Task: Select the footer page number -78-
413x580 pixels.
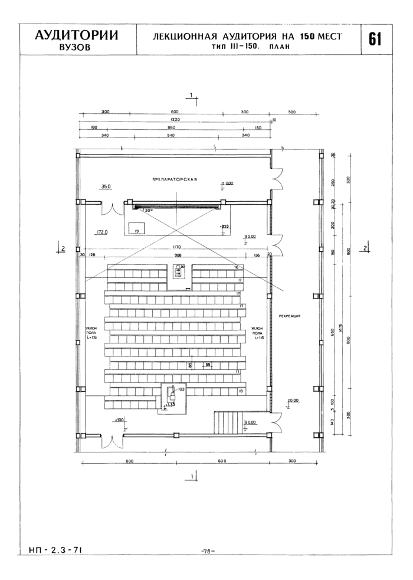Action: (x=208, y=551)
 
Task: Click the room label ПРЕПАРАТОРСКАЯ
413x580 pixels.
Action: (x=174, y=178)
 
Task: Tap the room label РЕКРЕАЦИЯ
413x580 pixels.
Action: (x=289, y=316)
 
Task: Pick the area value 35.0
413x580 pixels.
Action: (x=106, y=186)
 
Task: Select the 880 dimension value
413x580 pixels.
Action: (x=172, y=127)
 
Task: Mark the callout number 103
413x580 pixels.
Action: (x=181, y=389)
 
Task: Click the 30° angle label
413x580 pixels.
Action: (x=147, y=210)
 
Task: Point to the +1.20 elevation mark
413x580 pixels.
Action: (x=120, y=420)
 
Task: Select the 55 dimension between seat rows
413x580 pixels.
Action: (x=208, y=365)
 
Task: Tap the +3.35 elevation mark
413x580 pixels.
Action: (x=171, y=405)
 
